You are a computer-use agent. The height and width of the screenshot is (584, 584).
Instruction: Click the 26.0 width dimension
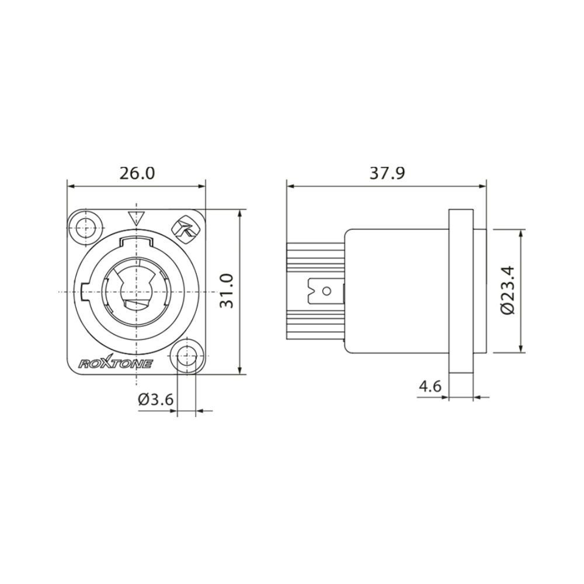click(x=137, y=173)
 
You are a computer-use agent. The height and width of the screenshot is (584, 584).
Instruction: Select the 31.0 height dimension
click(x=227, y=291)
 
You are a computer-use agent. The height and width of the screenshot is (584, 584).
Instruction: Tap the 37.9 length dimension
click(x=387, y=173)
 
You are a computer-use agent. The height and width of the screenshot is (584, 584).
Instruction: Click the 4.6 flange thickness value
click(x=430, y=386)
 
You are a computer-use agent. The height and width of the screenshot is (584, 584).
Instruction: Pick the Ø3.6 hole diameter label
click(x=156, y=399)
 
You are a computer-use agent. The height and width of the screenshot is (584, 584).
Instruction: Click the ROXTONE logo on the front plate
click(x=116, y=363)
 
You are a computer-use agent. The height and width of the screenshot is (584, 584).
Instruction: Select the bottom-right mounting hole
click(x=187, y=356)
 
